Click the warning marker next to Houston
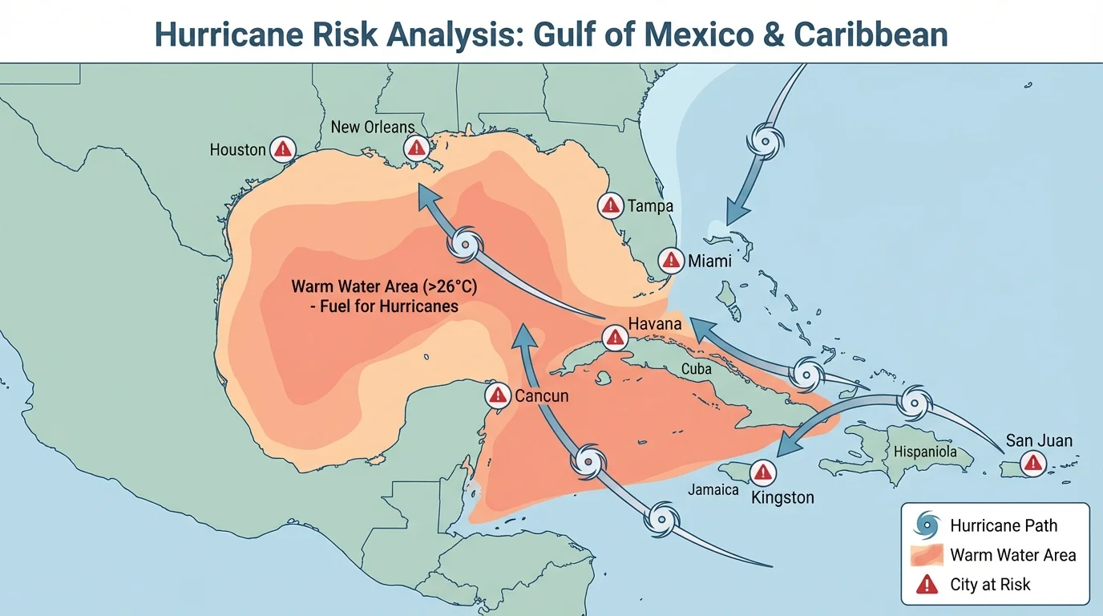coord(283,148)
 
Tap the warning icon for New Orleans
coord(415,147)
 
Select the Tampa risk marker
coord(610,205)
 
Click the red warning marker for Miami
coord(671,260)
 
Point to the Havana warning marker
coord(614,336)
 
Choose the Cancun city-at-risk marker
coord(498,395)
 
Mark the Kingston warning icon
coord(765,472)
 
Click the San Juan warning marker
coord(1033,462)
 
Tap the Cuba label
coord(696,369)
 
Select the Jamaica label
coord(713,489)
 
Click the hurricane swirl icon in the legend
coord(927,525)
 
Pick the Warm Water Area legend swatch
coord(927,555)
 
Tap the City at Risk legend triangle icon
coord(927,585)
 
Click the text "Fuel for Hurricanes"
coord(384,306)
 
